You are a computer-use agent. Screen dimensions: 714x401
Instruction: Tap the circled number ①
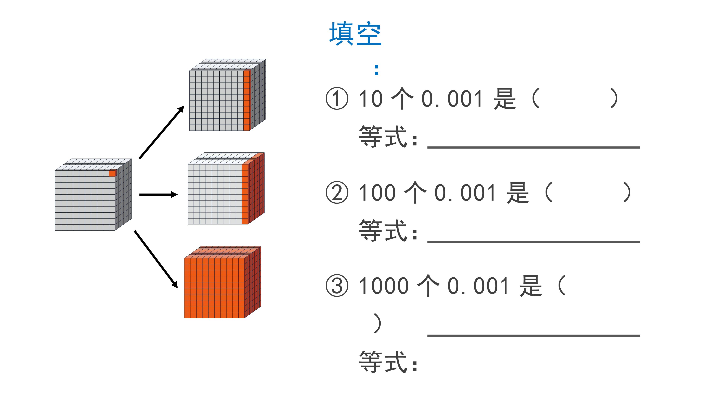(337, 99)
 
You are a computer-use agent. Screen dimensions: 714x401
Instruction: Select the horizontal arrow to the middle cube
(158, 195)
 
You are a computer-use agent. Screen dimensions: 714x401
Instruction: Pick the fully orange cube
(223, 282)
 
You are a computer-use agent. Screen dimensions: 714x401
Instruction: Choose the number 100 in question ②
(377, 193)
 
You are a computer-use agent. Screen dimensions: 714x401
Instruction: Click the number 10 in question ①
(371, 99)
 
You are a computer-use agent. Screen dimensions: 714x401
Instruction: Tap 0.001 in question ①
(452, 99)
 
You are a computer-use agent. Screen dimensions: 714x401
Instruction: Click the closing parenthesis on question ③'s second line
(377, 323)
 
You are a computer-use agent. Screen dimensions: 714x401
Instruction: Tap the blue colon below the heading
(376, 70)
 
